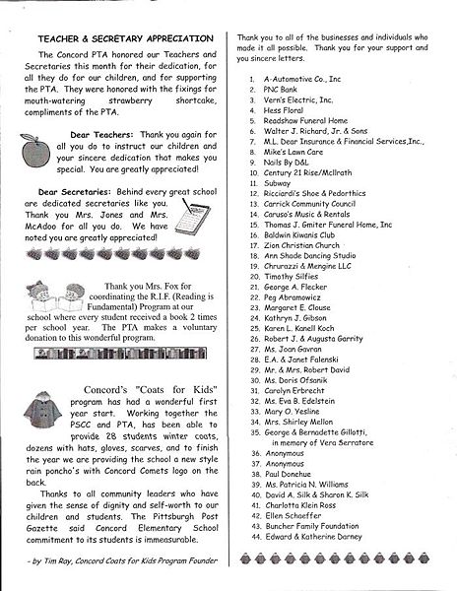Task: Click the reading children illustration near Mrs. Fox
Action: tap(49, 301)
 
